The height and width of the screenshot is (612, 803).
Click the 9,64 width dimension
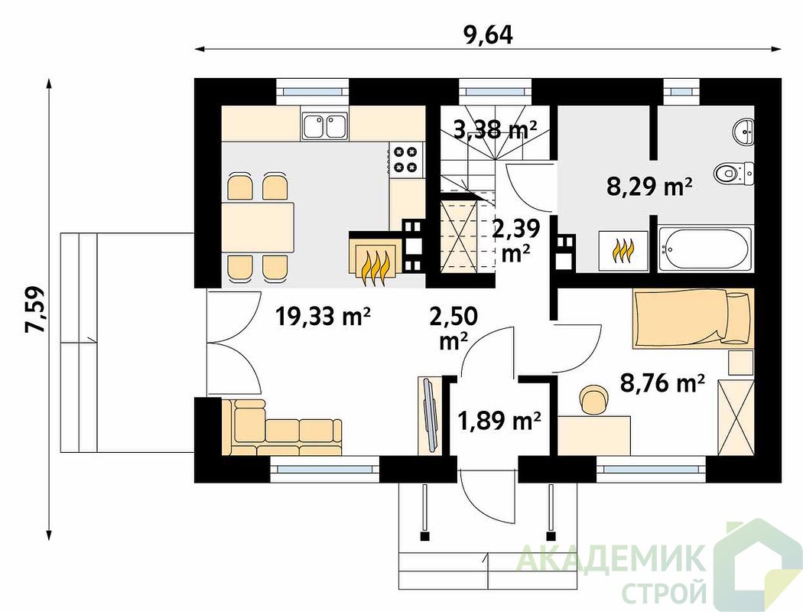(488, 35)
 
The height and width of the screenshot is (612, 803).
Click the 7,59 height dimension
(35, 310)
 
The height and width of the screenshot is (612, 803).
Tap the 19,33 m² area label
(323, 316)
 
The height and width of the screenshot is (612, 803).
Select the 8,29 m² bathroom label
(649, 187)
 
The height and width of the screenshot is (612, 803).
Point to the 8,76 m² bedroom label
(663, 382)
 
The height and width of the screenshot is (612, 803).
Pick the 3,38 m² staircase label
(495, 131)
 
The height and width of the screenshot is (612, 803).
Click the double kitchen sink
(325, 125)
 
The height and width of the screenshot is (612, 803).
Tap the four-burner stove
(405, 159)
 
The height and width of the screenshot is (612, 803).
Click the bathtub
(706, 250)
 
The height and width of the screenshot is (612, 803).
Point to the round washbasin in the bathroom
(742, 131)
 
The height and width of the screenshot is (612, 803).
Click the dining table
(258, 226)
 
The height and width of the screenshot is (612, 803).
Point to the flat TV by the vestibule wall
(430, 415)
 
